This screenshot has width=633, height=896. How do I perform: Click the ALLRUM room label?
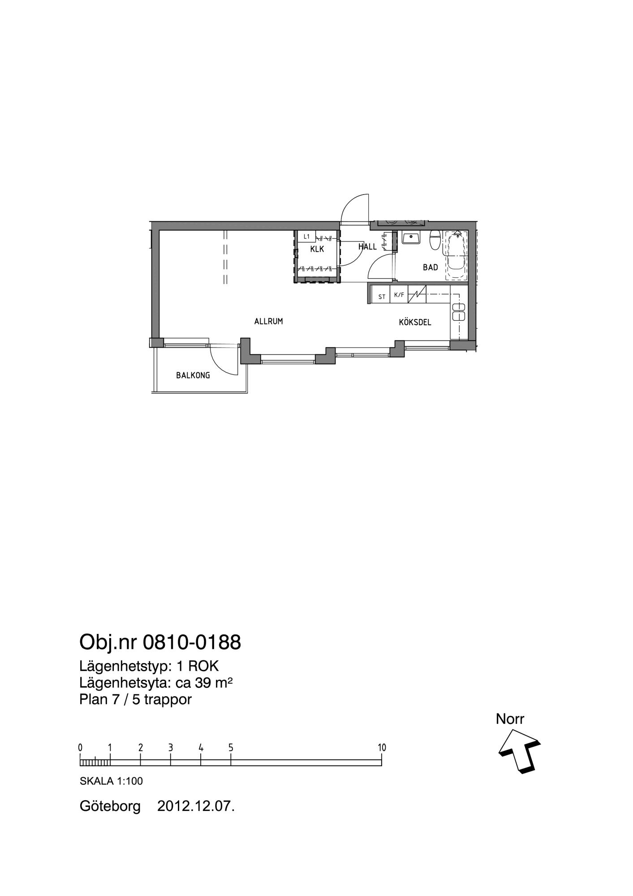[268, 321]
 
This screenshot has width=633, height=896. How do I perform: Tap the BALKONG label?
[193, 375]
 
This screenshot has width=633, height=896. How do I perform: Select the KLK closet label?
[317, 249]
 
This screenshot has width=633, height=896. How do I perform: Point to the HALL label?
[367, 247]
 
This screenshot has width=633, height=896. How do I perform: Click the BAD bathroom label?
[431, 267]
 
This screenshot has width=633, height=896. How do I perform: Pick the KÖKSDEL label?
[415, 322]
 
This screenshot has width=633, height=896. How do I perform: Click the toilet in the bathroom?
[435, 240]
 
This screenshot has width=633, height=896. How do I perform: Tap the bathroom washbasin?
[410, 237]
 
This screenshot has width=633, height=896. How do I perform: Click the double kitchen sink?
[459, 312]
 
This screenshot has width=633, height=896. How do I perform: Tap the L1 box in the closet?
[306, 237]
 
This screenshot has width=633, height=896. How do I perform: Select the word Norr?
[510, 719]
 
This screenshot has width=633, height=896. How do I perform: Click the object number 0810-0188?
[192, 642]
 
